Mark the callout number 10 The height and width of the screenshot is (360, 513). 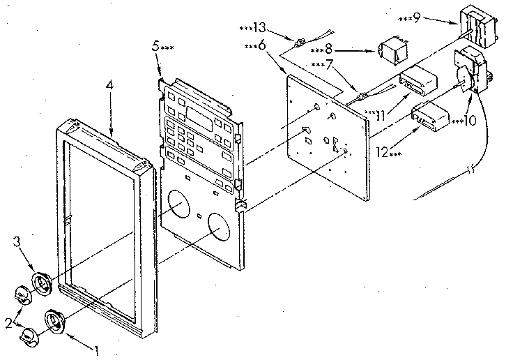coord(468,120)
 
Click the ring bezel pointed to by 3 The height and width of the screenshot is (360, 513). coord(43,285)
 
